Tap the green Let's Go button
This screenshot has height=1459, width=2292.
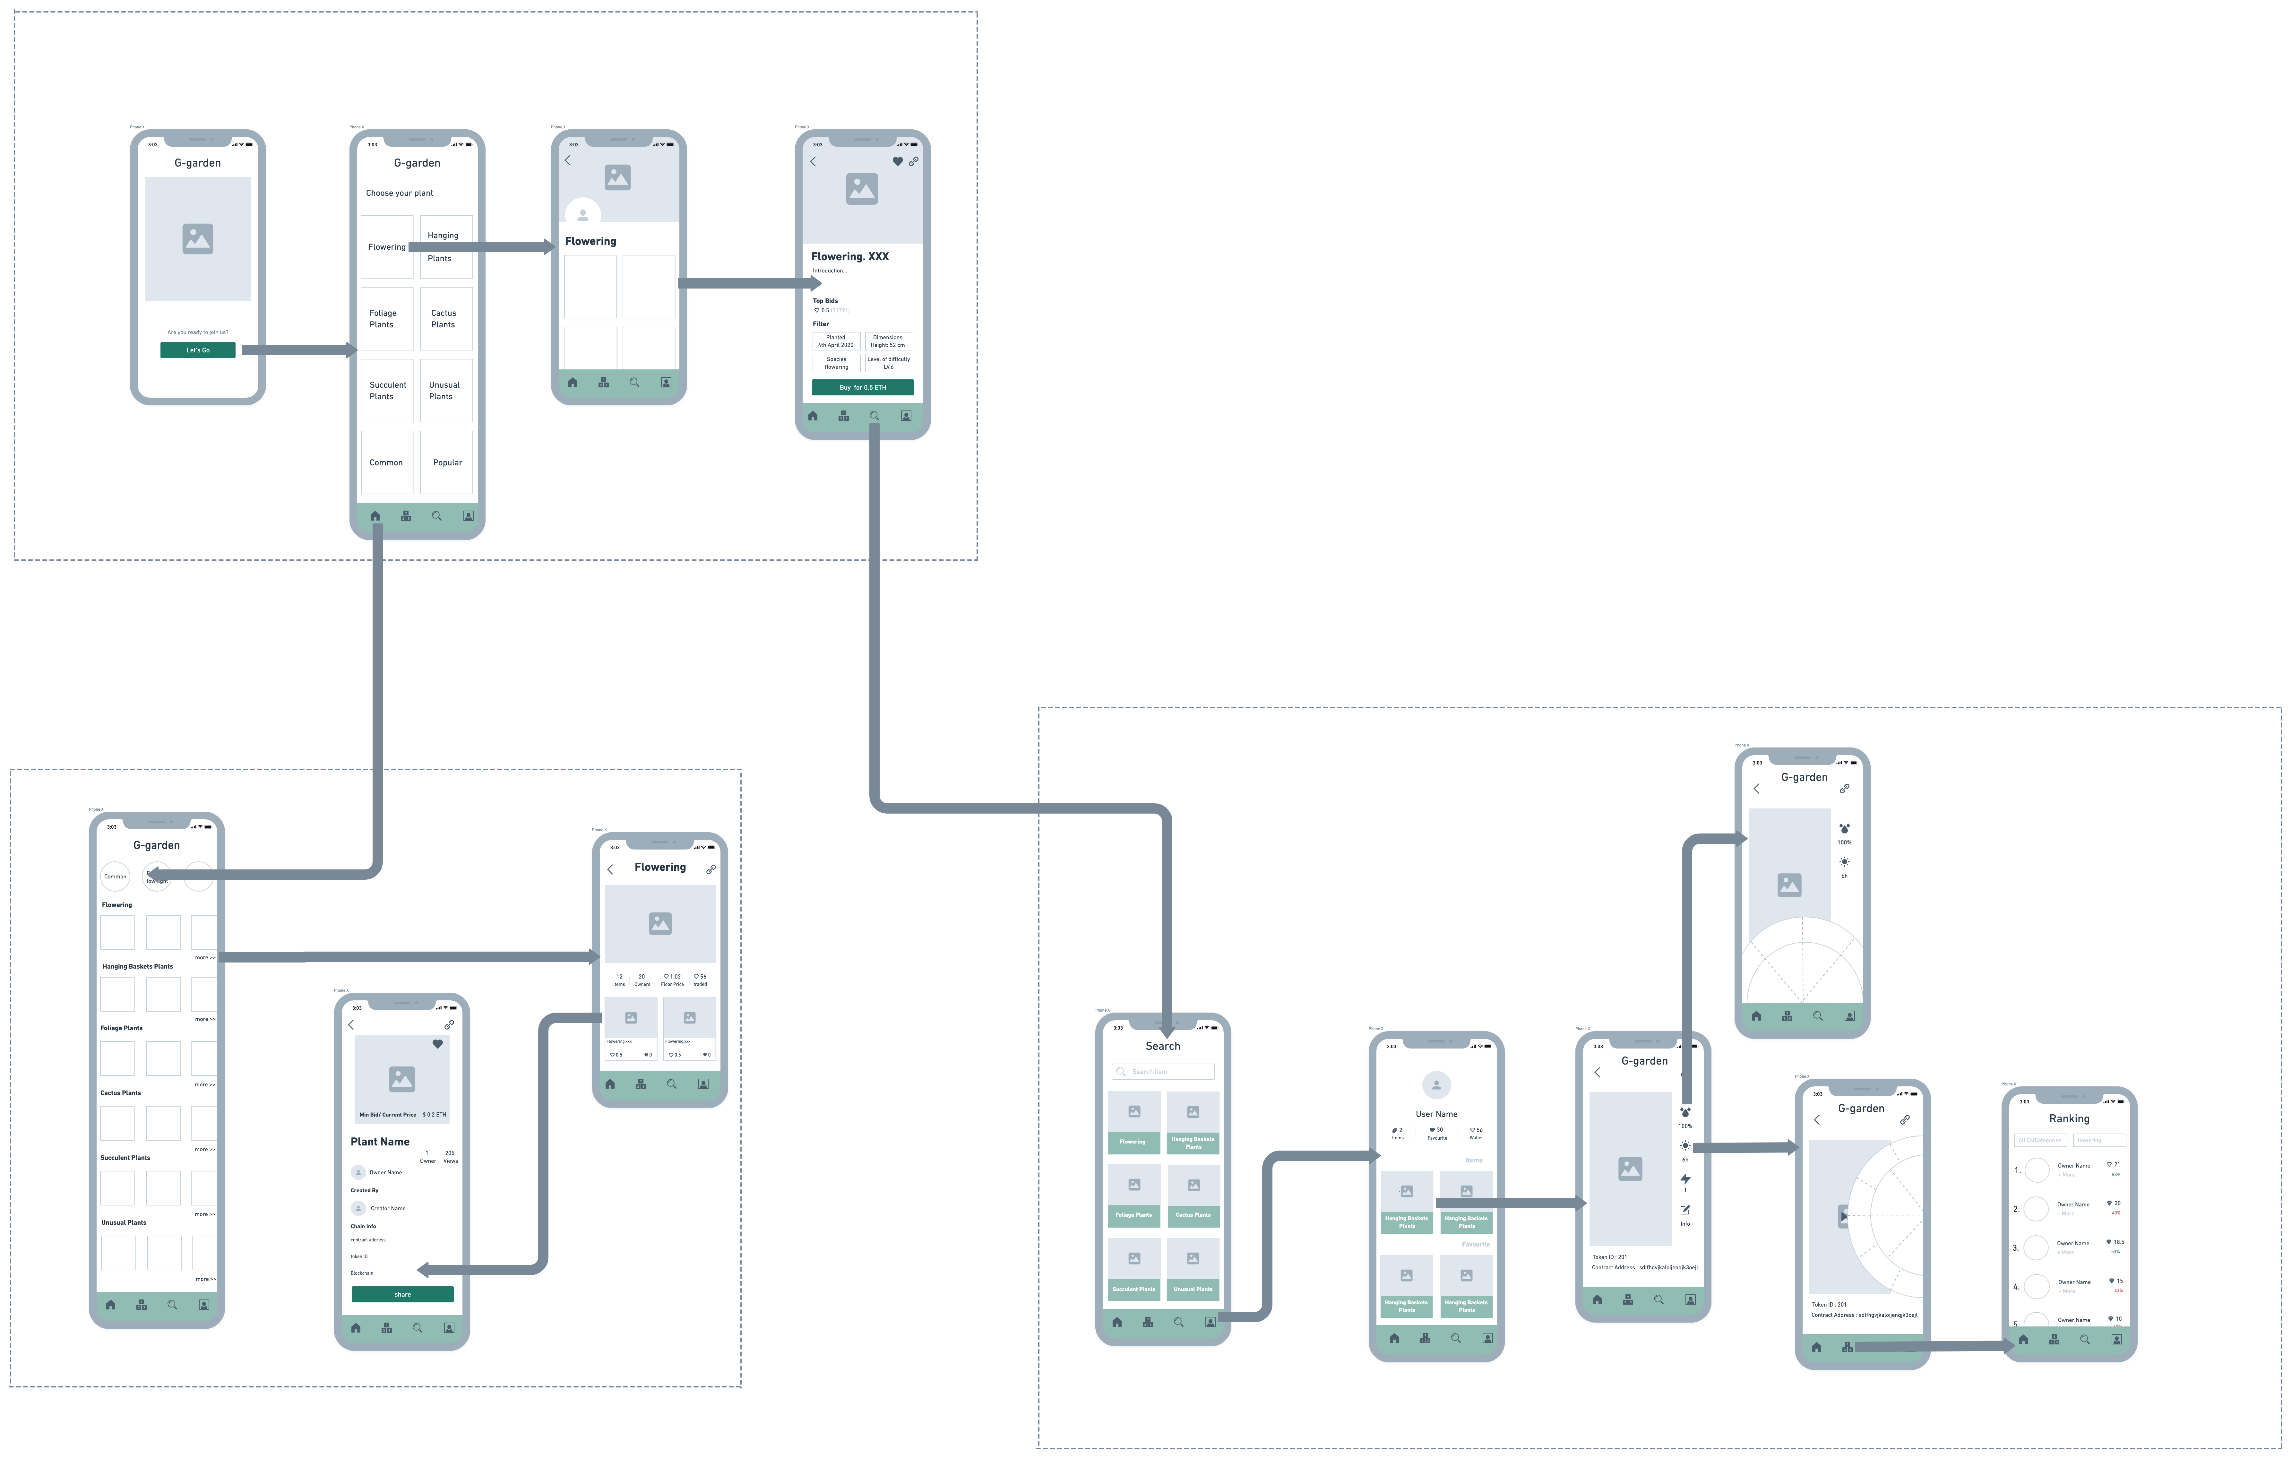click(198, 350)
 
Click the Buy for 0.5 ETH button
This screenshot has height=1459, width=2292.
click(862, 387)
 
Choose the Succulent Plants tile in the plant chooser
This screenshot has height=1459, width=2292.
click(387, 390)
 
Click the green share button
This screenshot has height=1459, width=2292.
click(403, 1294)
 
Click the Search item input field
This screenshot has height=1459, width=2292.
click(1163, 1072)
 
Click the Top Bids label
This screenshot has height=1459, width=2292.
click(825, 301)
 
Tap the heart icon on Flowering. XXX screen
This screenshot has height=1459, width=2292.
click(897, 162)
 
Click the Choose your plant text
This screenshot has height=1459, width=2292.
click(400, 193)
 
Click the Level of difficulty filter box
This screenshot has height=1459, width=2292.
click(888, 363)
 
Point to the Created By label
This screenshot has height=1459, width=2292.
click(365, 1191)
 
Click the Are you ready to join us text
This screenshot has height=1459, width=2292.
click(198, 332)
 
